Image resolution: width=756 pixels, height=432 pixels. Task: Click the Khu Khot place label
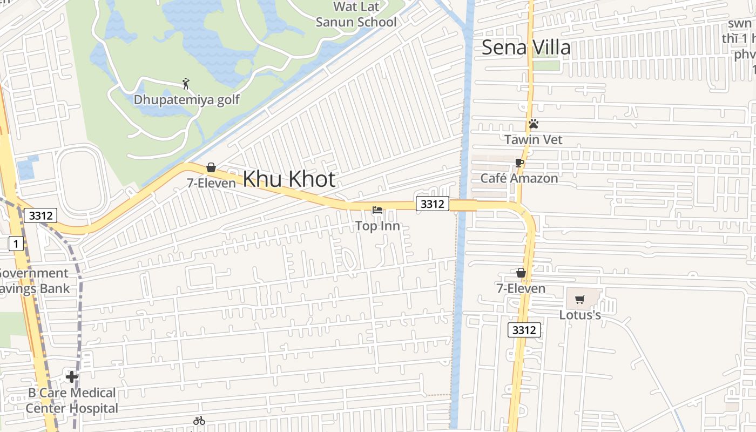tap(289, 179)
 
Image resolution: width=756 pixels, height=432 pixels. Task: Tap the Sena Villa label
tap(525, 48)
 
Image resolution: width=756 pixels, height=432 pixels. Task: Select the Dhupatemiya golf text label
tap(186, 100)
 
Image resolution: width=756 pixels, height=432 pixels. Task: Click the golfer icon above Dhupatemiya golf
tap(186, 84)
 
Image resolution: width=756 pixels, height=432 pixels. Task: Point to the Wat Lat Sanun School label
tap(356, 15)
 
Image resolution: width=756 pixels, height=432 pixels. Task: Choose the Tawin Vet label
tap(533, 140)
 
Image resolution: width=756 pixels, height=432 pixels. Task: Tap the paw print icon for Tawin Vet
tap(534, 124)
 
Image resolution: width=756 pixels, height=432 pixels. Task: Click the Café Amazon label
tap(519, 178)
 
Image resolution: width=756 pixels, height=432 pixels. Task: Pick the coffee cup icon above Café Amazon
tap(519, 163)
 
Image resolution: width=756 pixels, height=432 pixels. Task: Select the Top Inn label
tap(377, 226)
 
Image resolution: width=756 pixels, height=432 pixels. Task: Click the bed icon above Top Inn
tap(377, 210)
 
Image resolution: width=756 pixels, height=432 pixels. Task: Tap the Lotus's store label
tap(580, 315)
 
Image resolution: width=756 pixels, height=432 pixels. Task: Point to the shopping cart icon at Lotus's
tap(580, 299)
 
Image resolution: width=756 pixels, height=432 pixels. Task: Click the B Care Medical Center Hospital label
tap(71, 400)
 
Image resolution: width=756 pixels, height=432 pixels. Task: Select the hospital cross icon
tap(71, 376)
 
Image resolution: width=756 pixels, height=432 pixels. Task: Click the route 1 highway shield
tap(16, 244)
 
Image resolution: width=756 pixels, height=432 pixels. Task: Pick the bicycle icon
tap(199, 421)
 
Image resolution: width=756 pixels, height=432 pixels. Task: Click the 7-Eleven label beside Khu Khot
tap(211, 183)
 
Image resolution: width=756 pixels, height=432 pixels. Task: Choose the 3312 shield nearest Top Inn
tap(433, 204)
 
